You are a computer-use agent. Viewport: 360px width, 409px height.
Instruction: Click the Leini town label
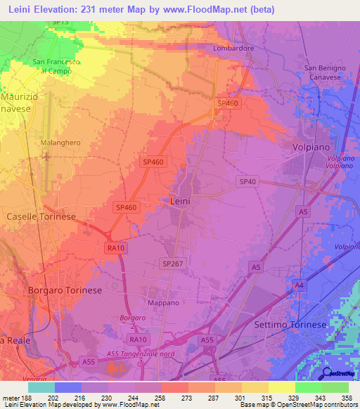click(181, 201)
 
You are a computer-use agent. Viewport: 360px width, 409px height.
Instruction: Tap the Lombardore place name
click(233, 48)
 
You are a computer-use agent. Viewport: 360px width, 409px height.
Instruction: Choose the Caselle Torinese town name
click(40, 216)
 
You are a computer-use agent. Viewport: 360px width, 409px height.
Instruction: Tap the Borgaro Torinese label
click(65, 290)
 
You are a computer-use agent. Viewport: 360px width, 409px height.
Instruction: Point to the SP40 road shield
click(247, 181)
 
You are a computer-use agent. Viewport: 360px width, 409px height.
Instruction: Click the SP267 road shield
click(172, 263)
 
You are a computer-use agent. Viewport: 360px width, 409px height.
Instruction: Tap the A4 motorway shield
click(300, 285)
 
